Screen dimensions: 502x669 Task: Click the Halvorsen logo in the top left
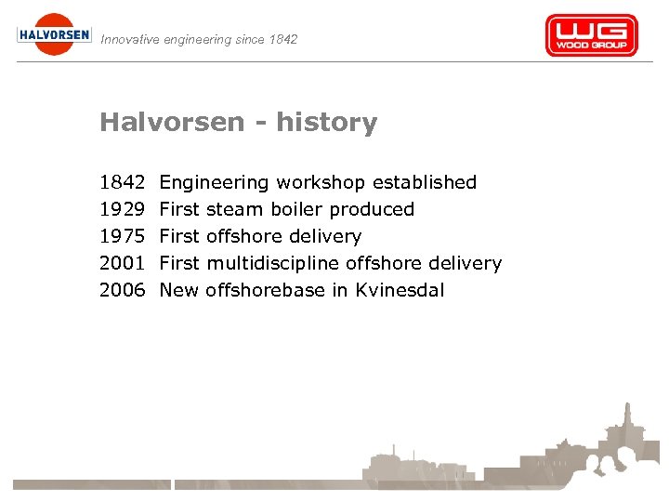pos(54,34)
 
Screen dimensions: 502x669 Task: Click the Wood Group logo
pos(591,35)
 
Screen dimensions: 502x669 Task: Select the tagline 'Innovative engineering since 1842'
pos(199,39)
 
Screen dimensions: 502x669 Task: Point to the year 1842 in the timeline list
pos(123,182)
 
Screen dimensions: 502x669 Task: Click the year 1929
pos(123,209)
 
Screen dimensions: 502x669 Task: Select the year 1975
pos(123,236)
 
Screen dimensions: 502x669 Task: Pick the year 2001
pos(123,263)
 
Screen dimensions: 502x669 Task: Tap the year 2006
pos(123,290)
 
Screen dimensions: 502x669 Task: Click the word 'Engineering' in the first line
pos(215,183)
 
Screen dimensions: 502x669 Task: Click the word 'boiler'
pos(296,209)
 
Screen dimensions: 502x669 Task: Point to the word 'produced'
pos(372,210)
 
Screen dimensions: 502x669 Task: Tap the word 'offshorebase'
pos(265,290)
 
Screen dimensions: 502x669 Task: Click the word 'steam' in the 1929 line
pos(236,209)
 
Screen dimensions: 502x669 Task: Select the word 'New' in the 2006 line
pos(179,290)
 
